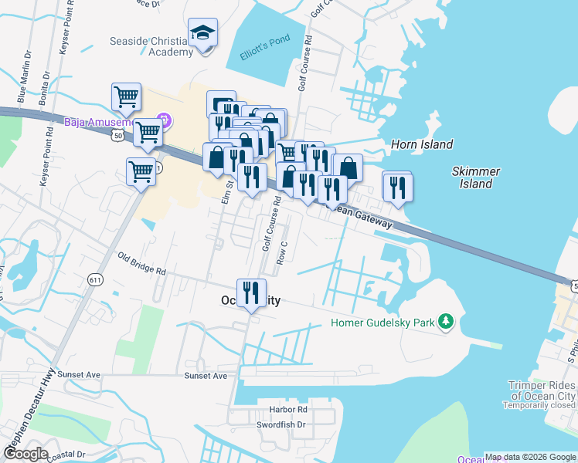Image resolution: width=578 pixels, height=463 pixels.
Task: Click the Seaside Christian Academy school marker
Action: point(202,33)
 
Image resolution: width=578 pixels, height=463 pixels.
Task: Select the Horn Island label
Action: point(422,144)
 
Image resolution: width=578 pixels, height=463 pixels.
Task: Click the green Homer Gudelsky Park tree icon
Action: point(445,321)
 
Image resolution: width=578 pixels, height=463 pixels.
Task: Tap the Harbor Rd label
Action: point(288,409)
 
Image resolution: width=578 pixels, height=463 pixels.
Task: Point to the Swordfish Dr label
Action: point(281,424)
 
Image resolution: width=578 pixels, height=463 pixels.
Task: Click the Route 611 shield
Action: point(95,280)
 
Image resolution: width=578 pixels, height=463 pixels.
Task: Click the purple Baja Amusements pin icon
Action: point(163,120)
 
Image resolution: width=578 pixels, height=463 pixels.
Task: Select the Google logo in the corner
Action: point(26,454)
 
